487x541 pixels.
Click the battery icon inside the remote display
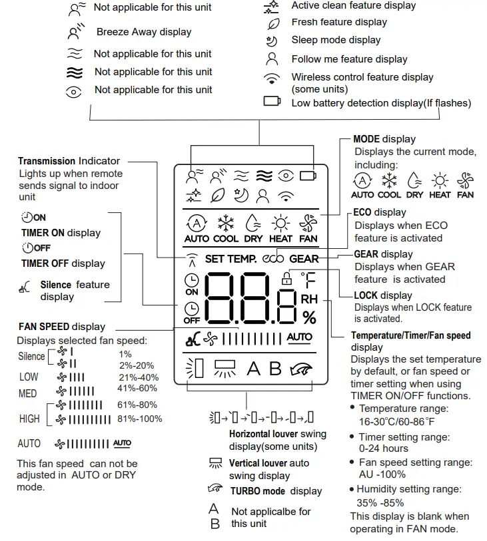(x=308, y=176)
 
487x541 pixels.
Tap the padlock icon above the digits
(x=287, y=279)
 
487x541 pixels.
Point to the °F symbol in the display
(x=308, y=279)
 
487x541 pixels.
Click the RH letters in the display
(x=309, y=299)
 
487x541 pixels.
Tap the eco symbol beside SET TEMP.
(x=273, y=259)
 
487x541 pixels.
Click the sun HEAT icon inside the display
(x=280, y=227)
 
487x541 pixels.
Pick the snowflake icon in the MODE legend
(x=389, y=181)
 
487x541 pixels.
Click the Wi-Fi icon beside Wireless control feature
(x=271, y=80)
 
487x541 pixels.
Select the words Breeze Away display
(x=143, y=32)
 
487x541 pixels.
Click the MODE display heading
(x=384, y=139)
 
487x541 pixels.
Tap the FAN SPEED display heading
(x=61, y=327)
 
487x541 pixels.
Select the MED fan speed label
(x=27, y=394)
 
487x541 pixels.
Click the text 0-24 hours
(x=385, y=449)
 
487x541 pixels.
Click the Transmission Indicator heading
(x=69, y=161)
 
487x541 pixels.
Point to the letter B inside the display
(x=275, y=369)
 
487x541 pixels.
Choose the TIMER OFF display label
(x=63, y=264)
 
